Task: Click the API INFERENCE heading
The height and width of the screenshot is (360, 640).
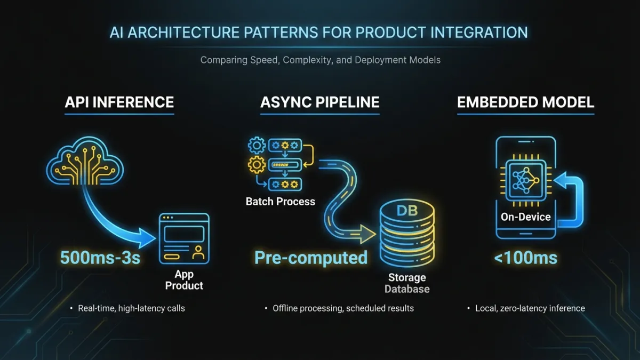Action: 119,102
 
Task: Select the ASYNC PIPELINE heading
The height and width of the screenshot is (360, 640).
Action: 319,102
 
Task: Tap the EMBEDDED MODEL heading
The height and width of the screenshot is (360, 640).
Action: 525,102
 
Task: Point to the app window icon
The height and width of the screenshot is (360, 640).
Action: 185,238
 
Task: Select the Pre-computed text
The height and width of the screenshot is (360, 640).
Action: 311,258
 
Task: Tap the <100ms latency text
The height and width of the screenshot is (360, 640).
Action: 525,259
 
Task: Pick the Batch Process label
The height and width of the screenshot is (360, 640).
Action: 280,202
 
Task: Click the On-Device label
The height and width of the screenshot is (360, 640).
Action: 525,217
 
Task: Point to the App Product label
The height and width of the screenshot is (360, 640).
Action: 184,280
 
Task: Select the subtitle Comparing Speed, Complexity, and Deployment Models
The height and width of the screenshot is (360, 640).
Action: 320,60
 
